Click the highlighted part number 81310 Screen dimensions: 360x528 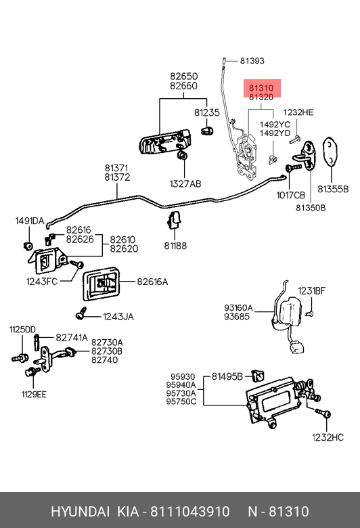(261, 88)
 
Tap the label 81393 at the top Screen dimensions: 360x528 (252, 61)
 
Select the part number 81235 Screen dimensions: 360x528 (207, 112)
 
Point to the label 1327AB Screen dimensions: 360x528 (185, 184)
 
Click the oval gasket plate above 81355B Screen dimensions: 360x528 (330, 152)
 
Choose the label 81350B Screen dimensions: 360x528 (311, 208)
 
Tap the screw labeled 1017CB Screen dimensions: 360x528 (293, 167)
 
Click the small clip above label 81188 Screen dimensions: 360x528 (175, 219)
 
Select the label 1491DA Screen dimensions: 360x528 (30, 221)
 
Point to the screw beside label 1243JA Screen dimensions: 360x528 (81, 313)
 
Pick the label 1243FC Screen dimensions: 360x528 (42, 281)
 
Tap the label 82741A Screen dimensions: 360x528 (72, 337)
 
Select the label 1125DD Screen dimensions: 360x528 (22, 330)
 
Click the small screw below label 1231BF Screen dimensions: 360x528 (309, 314)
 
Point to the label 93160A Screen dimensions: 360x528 (238, 308)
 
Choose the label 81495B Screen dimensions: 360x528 (227, 376)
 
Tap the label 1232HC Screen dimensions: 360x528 (328, 437)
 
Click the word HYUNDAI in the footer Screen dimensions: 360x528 (80, 512)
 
